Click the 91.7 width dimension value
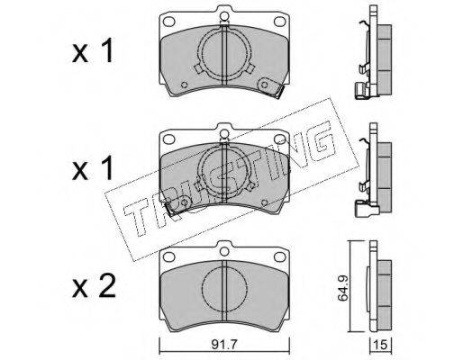(x=224, y=345)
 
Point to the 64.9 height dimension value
(x=342, y=286)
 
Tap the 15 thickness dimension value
(x=380, y=345)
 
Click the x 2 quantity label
(x=94, y=286)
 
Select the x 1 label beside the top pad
(x=93, y=50)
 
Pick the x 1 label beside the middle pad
(x=93, y=167)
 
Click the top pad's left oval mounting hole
(x=168, y=22)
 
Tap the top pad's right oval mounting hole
(x=280, y=22)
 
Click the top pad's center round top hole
(x=224, y=15)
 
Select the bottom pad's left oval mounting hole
(x=168, y=256)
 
